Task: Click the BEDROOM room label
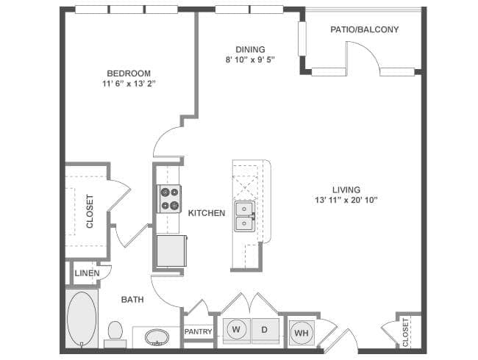tap(129, 73)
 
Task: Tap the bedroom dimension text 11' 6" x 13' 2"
tap(129, 84)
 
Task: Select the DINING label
tap(240, 50)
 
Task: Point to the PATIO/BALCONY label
tap(364, 30)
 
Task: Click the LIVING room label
tap(346, 190)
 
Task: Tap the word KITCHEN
tap(206, 213)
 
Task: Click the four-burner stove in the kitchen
tap(170, 198)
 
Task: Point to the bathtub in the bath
tap(82, 320)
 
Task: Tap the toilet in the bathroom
tap(115, 333)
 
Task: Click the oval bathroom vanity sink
tap(156, 338)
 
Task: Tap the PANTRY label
tap(198, 332)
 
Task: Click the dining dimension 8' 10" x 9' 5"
tap(240, 61)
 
